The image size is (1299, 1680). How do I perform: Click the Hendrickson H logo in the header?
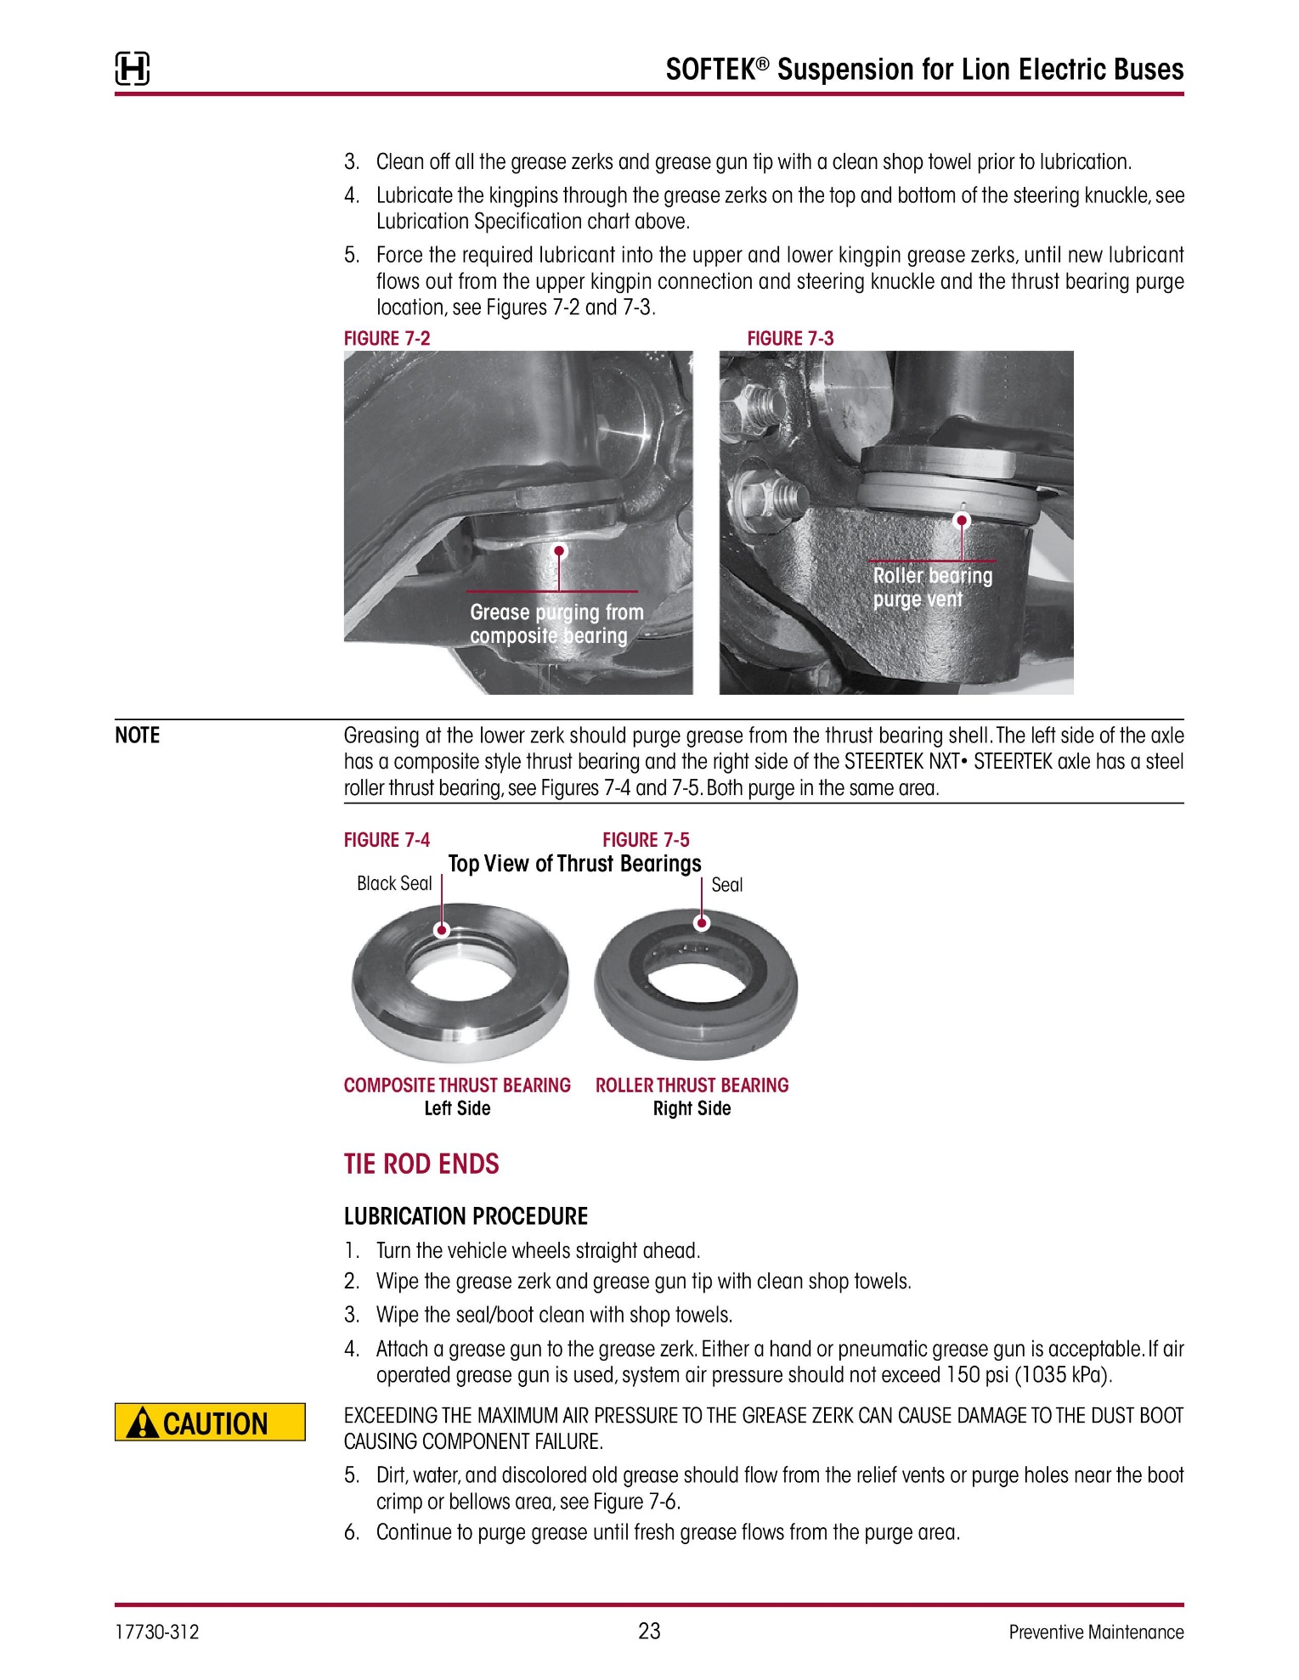(133, 69)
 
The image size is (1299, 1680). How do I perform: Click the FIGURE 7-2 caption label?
(387, 338)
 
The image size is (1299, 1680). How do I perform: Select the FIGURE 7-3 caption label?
(790, 338)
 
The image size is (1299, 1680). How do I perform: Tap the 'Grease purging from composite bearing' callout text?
(556, 624)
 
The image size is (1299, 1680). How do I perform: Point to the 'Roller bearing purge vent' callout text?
(932, 588)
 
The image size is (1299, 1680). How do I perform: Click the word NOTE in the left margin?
(138, 736)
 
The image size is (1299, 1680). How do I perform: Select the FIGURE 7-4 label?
(387, 840)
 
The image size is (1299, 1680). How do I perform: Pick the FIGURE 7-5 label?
(646, 840)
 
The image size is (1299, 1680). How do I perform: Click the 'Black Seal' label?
(394, 884)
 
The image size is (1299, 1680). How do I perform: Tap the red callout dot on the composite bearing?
(442, 929)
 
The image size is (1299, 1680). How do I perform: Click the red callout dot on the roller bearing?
(702, 923)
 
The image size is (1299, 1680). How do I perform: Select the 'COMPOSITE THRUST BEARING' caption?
(457, 1085)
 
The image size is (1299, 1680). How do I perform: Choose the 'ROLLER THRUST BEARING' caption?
(692, 1085)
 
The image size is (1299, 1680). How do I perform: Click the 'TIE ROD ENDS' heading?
(421, 1164)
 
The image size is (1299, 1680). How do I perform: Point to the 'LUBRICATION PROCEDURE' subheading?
(466, 1216)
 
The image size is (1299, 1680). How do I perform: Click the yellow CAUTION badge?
(210, 1422)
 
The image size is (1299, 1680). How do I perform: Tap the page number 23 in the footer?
(649, 1631)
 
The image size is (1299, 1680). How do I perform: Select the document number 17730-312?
(157, 1632)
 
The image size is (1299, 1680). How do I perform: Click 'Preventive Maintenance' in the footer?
(1096, 1632)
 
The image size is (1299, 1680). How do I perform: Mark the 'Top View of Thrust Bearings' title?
(574, 864)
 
